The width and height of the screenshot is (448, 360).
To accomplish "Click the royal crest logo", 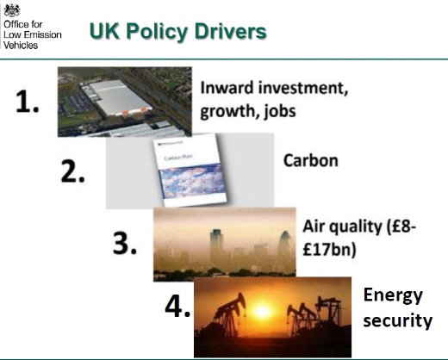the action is click(x=12, y=10).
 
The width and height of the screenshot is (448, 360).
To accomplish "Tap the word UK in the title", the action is click(x=104, y=31).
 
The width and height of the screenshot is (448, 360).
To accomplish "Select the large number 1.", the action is click(x=27, y=102).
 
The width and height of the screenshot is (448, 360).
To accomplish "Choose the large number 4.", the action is click(x=177, y=306).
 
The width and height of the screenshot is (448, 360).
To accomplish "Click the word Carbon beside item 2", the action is click(x=311, y=160).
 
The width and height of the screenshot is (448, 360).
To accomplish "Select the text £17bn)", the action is click(x=329, y=250).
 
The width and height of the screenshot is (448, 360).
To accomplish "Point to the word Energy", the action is click(x=393, y=295).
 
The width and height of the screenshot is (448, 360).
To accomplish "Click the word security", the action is click(x=398, y=320).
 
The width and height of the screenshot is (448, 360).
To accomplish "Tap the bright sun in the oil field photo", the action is click(x=262, y=311).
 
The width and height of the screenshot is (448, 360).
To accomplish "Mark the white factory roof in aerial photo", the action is click(x=118, y=97).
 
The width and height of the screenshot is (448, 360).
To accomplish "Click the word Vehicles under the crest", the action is click(x=21, y=45).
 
